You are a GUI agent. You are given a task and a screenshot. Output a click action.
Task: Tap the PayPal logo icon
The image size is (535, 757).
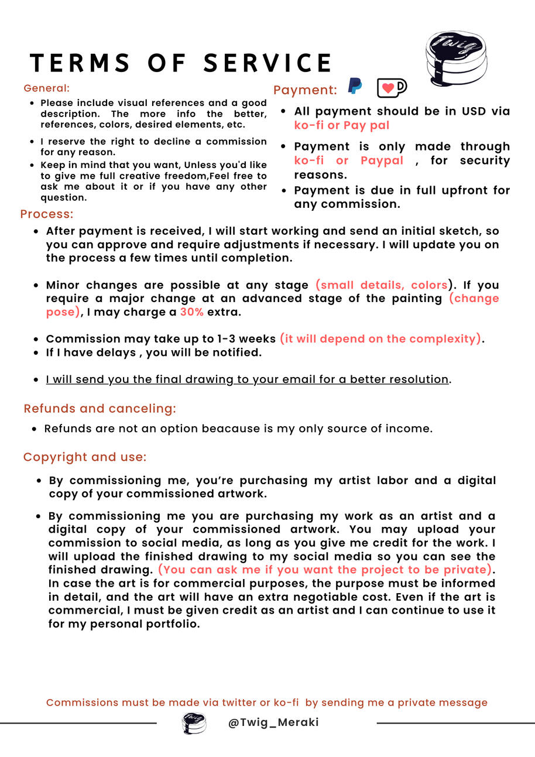coord(355,86)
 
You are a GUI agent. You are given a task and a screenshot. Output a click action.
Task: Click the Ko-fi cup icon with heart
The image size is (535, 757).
coord(392,88)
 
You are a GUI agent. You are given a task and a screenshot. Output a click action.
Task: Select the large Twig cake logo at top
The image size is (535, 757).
coord(456,58)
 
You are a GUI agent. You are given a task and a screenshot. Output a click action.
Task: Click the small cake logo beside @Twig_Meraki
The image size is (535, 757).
coord(194,722)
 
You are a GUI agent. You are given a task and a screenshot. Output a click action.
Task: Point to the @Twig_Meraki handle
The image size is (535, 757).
coord(273,722)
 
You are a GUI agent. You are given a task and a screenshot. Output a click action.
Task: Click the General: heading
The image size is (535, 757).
coord(47,88)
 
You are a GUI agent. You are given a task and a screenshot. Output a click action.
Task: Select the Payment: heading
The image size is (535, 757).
coord(305,90)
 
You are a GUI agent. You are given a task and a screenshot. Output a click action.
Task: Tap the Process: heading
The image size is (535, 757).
coord(47,214)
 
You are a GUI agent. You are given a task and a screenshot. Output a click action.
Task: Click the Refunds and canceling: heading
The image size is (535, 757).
coord(100,409)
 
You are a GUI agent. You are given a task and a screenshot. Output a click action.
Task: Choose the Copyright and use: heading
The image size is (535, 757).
coord(85,457)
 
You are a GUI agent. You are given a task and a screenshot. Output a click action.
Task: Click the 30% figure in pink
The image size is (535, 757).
coord(191,312)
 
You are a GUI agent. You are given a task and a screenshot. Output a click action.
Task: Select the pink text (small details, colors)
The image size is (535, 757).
coord(382,285)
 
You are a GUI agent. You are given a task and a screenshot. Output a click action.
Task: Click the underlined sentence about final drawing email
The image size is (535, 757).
coord(247,379)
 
